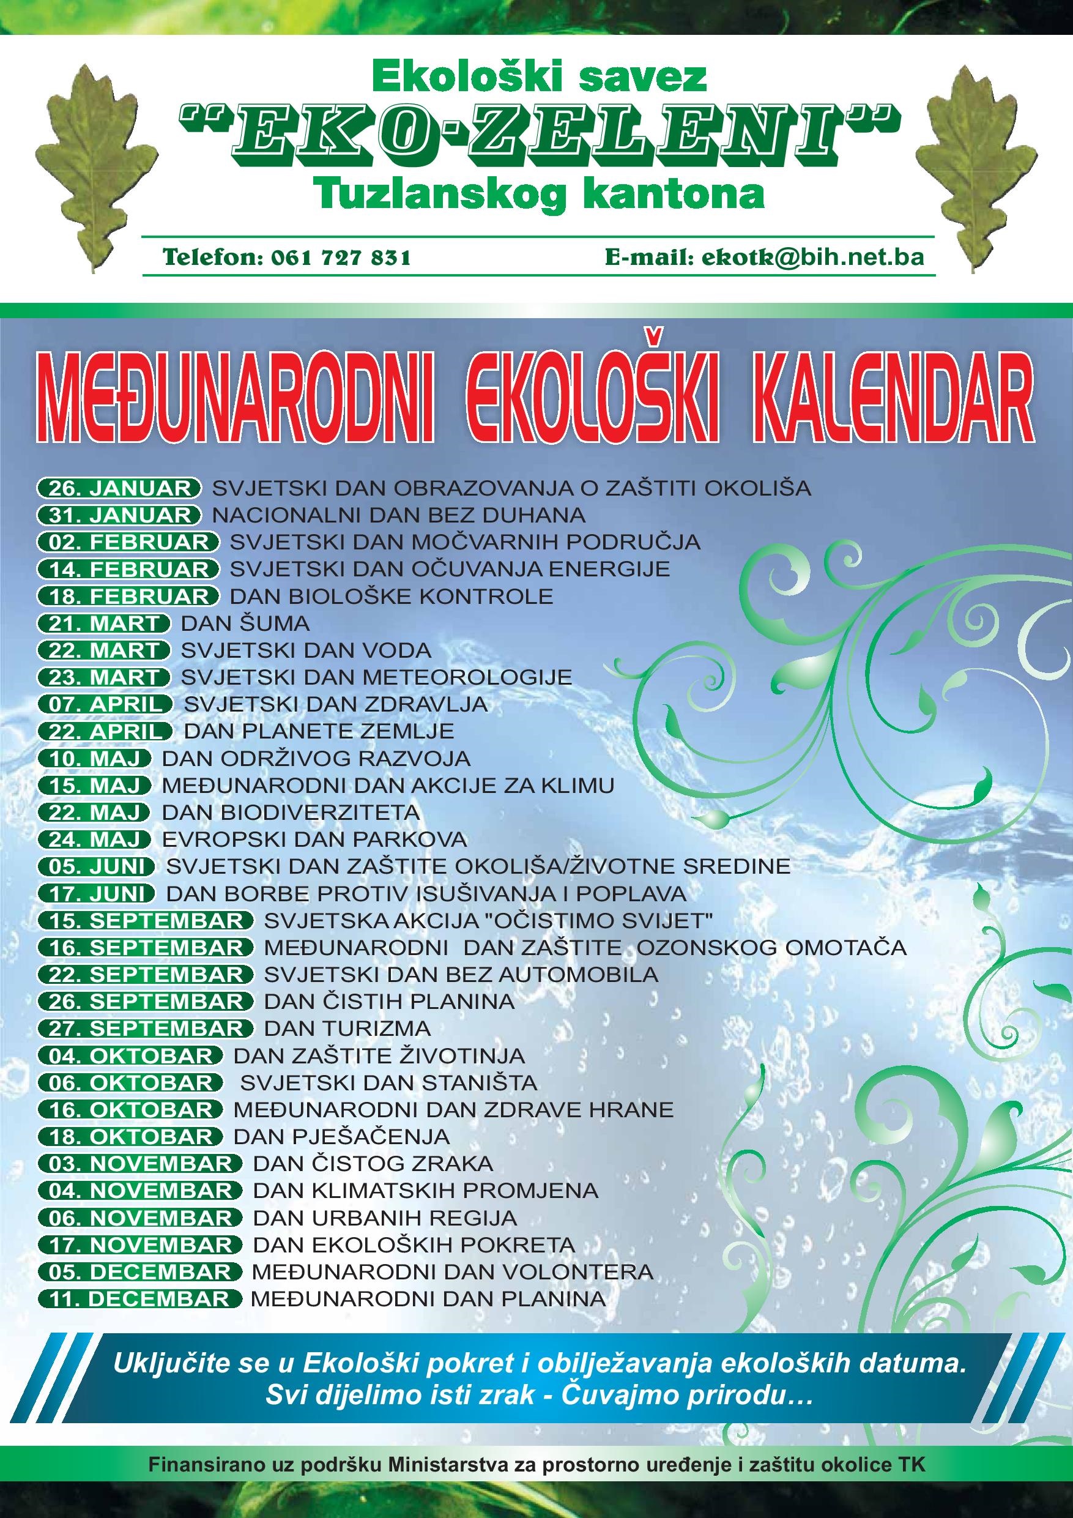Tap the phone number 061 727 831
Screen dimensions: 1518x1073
pos(341,258)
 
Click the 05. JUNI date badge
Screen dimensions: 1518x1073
pos(97,867)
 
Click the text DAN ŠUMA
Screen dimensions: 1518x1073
pos(245,623)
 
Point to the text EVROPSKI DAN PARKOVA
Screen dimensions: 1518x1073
pos(314,839)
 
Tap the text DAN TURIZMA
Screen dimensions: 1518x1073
pos(347,1029)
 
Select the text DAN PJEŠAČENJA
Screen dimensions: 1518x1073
pos(341,1137)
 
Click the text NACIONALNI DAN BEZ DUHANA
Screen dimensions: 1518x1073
pos(398,515)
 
